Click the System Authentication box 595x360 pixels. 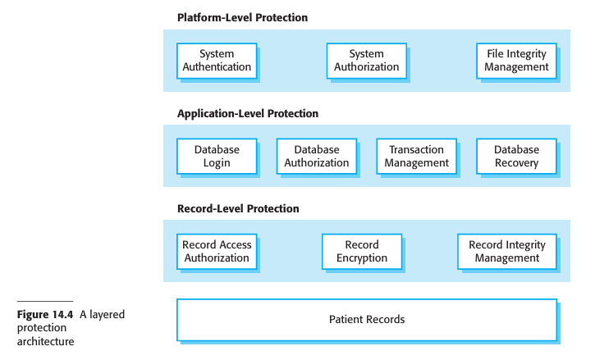[x=217, y=61]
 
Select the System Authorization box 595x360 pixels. [x=366, y=61]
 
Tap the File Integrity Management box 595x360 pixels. [x=516, y=61]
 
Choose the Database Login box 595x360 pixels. [x=217, y=156]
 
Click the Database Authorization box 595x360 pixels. [x=317, y=156]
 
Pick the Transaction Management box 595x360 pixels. [x=416, y=156]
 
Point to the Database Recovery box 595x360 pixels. [x=516, y=156]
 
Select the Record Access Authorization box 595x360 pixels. [x=217, y=251]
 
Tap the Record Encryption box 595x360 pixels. [x=361, y=251]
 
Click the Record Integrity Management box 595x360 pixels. [x=506, y=251]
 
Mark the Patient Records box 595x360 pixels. [x=367, y=319]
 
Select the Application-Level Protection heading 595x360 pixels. [x=248, y=113]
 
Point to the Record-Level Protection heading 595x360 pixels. [x=238, y=209]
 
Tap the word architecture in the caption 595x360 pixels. [x=45, y=341]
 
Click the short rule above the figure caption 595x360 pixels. [x=45, y=302]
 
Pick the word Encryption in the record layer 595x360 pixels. [x=361, y=257]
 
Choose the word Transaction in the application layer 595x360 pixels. [x=416, y=149]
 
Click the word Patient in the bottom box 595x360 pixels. [x=346, y=319]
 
